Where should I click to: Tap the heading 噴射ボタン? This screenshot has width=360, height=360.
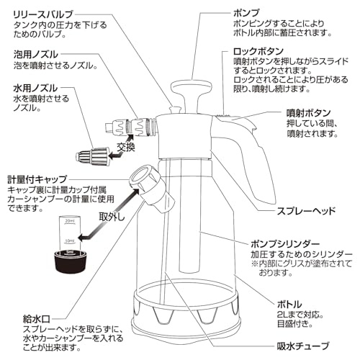292,113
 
